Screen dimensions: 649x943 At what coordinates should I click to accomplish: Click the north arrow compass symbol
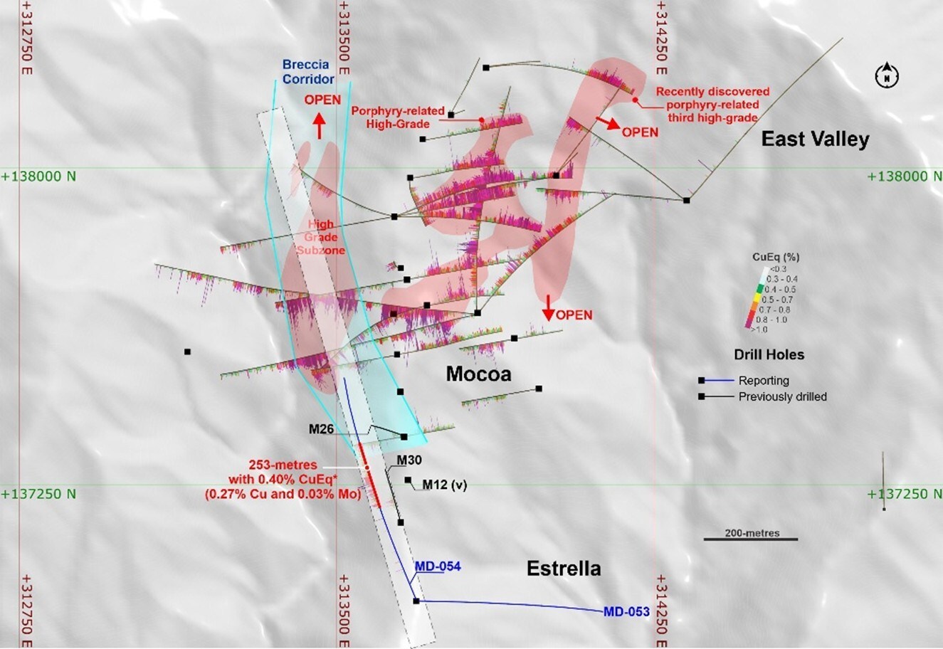(887, 74)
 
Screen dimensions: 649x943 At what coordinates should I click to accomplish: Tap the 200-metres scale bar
(751, 539)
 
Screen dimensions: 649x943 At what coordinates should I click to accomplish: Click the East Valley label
(815, 139)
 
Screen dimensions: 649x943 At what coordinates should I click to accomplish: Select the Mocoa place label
(478, 374)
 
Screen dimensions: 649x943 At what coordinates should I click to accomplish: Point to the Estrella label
(564, 569)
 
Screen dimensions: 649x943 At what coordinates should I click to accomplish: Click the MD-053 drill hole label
(626, 611)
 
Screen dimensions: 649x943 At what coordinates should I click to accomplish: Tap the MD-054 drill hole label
(438, 566)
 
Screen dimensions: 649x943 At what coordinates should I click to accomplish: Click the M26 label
(322, 429)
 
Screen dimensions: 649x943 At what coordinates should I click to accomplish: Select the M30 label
(409, 460)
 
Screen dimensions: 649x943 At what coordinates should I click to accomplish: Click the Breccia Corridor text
(308, 72)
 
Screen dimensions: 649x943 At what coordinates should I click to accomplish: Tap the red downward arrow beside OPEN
(548, 307)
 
